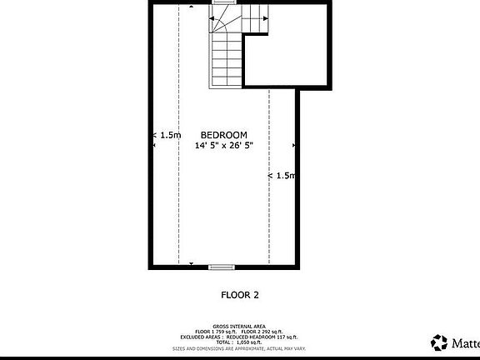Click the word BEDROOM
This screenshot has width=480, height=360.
[223, 135]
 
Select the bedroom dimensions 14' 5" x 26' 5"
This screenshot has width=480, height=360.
[223, 146]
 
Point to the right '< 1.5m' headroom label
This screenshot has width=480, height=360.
[281, 176]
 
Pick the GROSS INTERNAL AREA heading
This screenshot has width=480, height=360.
[239, 326]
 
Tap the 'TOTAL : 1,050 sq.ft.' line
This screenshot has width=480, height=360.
[239, 342]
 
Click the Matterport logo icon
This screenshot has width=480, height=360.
[439, 342]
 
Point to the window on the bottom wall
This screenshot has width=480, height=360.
[221, 267]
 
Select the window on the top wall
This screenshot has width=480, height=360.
[222, 2]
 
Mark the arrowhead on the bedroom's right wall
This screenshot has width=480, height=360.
[294, 146]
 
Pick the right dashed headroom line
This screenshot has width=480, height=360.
[268, 217]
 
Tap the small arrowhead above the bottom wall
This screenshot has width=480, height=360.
[192, 262]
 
